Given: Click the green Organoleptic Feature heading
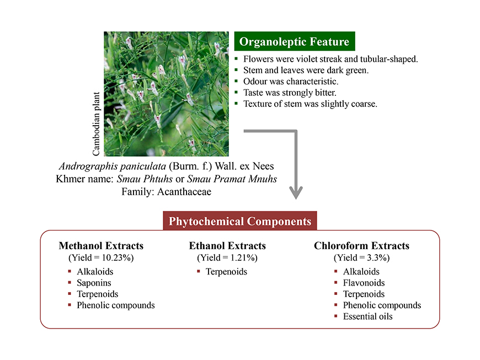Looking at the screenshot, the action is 295,41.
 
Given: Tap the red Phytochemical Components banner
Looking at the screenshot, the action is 239,221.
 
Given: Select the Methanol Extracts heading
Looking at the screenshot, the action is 101,246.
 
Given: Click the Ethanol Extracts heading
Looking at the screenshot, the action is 227,246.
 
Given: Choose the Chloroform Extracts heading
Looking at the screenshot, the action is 361,246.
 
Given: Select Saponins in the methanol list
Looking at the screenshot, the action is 94,283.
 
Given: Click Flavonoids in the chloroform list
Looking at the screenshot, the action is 364,283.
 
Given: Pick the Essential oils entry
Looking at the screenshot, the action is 367,316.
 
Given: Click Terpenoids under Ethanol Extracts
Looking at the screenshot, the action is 226,272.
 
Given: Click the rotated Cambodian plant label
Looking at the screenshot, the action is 96,124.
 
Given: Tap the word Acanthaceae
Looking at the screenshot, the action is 184,192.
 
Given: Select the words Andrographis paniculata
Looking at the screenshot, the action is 113,166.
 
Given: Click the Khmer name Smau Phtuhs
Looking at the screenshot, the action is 145,179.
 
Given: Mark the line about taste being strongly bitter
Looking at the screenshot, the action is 290,93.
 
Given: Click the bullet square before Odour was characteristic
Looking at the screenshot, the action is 236,81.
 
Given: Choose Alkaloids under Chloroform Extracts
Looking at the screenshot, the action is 361,272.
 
